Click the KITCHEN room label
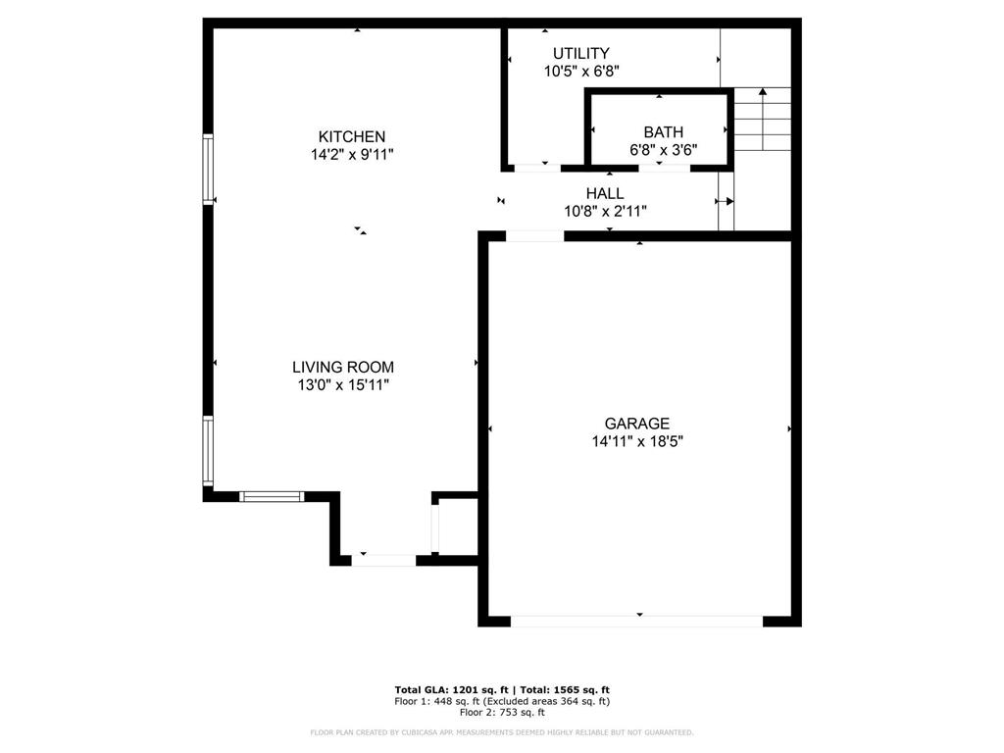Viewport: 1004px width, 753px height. point(352,136)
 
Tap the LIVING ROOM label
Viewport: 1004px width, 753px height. point(343,367)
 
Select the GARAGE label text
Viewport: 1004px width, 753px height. point(637,424)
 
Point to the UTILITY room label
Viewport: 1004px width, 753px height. point(581,53)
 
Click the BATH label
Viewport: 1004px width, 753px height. point(664,132)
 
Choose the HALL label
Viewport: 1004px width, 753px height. point(605,193)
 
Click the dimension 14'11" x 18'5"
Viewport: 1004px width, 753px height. point(637,441)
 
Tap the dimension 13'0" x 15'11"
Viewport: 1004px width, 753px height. point(343,384)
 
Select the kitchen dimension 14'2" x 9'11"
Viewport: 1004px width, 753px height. point(352,154)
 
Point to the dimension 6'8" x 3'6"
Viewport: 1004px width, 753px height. point(664,150)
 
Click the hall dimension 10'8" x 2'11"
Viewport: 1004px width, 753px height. point(605,212)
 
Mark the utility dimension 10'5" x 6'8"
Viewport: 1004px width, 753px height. point(581,71)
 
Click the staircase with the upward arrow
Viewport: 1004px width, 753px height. point(762,119)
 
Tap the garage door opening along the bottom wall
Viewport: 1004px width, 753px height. point(636,621)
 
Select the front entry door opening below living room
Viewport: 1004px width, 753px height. point(383,561)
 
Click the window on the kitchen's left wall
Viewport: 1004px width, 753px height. point(208,169)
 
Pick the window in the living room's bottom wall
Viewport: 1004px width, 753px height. point(272,496)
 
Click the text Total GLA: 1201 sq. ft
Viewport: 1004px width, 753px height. point(451,689)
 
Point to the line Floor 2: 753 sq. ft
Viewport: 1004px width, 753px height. point(502,712)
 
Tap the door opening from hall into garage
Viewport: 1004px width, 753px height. point(535,236)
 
